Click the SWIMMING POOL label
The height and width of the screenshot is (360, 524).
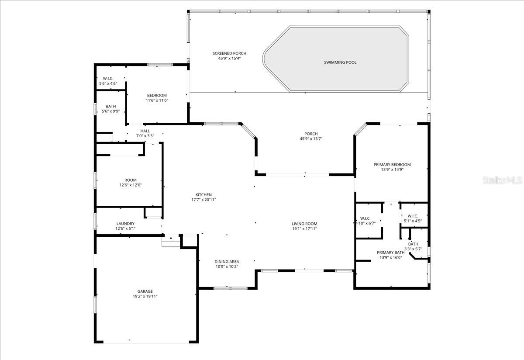(x=340, y=62)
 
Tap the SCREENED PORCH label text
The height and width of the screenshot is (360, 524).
(x=227, y=53)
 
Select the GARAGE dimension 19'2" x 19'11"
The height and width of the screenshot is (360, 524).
(x=145, y=297)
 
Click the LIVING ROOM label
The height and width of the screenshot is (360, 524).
(x=304, y=224)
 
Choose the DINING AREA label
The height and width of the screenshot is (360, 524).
(x=227, y=261)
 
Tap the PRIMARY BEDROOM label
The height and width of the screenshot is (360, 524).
(x=392, y=165)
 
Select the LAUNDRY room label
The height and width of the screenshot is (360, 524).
(x=125, y=224)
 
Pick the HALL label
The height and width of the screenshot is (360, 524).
(x=145, y=131)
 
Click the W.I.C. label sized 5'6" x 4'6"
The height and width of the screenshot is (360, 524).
(x=108, y=79)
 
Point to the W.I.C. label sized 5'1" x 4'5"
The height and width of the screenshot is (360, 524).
(x=413, y=216)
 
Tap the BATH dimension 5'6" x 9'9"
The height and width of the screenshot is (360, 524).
(x=110, y=111)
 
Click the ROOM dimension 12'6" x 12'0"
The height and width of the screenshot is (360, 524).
(x=131, y=185)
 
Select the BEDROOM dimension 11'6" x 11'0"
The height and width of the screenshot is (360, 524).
(x=157, y=100)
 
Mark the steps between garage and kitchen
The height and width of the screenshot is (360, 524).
(x=170, y=241)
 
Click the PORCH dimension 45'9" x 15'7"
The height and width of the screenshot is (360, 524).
(x=311, y=139)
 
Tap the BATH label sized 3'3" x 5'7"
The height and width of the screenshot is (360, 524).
(x=413, y=244)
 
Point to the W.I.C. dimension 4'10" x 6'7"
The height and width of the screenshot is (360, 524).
(x=365, y=223)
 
